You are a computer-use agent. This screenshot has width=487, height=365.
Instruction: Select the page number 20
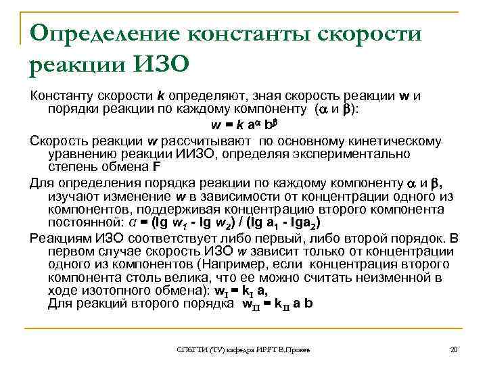(x=453, y=349)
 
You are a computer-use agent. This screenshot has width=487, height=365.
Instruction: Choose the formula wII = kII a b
(x=277, y=305)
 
